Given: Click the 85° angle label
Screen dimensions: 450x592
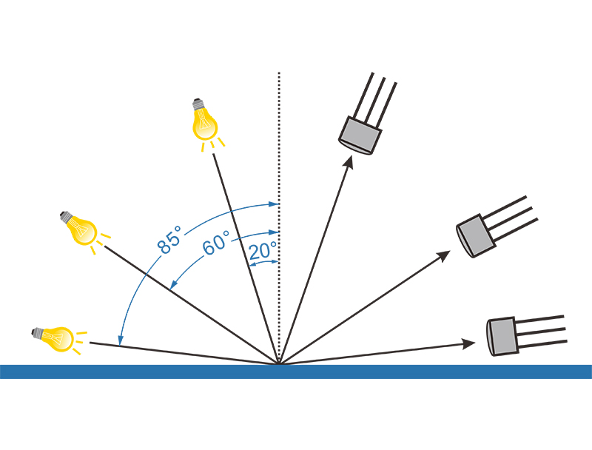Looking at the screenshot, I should coord(169,242).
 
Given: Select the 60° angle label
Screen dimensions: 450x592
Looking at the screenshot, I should coord(216,243).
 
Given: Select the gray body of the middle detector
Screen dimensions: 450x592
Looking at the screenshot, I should coord(475,236).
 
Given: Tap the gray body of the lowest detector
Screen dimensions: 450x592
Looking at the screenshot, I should coord(501,336).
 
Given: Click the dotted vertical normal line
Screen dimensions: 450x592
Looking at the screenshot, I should coord(279,148).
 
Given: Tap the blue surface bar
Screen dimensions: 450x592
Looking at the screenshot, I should coord(296,372).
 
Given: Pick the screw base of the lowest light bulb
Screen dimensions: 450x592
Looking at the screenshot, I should coord(36,334).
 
